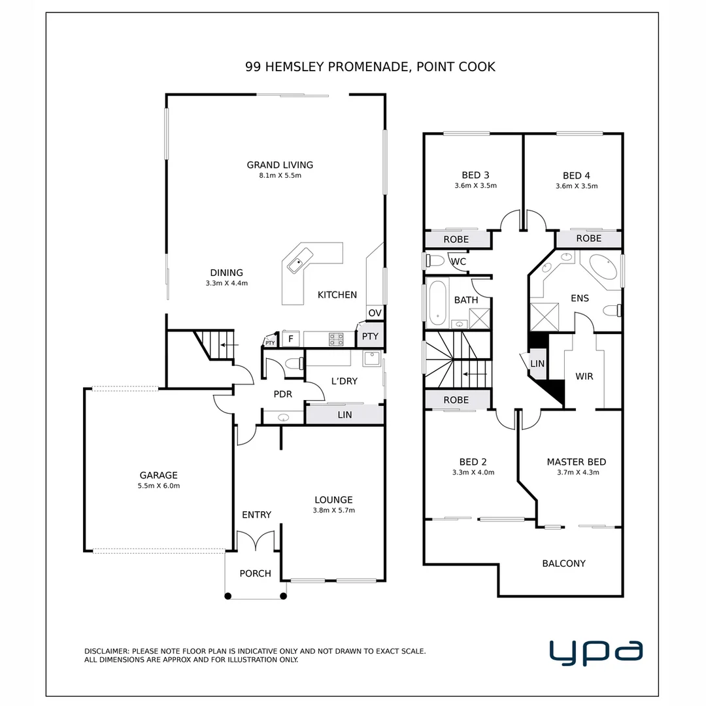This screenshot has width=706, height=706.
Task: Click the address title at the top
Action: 370,66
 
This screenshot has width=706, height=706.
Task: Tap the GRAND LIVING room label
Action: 279,165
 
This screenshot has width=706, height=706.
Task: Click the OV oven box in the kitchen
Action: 375,313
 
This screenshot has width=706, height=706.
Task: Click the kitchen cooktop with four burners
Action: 336,339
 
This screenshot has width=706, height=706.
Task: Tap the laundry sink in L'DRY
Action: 371,359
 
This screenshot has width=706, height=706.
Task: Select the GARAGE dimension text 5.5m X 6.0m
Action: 158,486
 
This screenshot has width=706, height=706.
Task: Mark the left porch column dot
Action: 227,596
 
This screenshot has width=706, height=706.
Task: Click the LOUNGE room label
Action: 333,500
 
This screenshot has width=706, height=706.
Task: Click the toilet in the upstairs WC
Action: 433,261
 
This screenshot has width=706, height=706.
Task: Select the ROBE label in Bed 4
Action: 588,239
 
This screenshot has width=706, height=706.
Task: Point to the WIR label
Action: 584,377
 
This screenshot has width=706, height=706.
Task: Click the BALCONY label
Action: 563,563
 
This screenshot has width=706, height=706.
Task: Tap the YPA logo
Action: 596,652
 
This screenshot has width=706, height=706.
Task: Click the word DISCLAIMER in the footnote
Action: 107,651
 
